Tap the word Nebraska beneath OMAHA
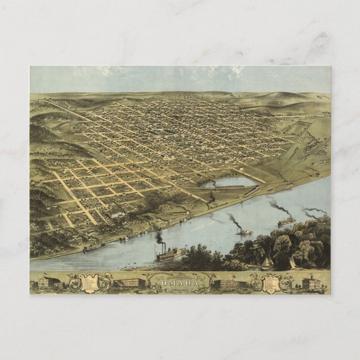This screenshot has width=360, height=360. [180, 289]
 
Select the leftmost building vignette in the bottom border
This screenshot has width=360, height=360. [50, 283]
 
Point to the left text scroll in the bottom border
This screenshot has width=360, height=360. [89, 283]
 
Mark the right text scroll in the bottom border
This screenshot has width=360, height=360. [270, 283]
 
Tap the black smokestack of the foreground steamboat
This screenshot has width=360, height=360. [160, 238]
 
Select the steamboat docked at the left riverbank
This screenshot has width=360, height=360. [93, 246]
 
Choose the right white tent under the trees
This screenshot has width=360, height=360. [292, 263]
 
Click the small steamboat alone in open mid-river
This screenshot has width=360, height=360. [244, 231]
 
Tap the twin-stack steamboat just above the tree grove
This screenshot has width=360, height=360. [286, 221]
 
